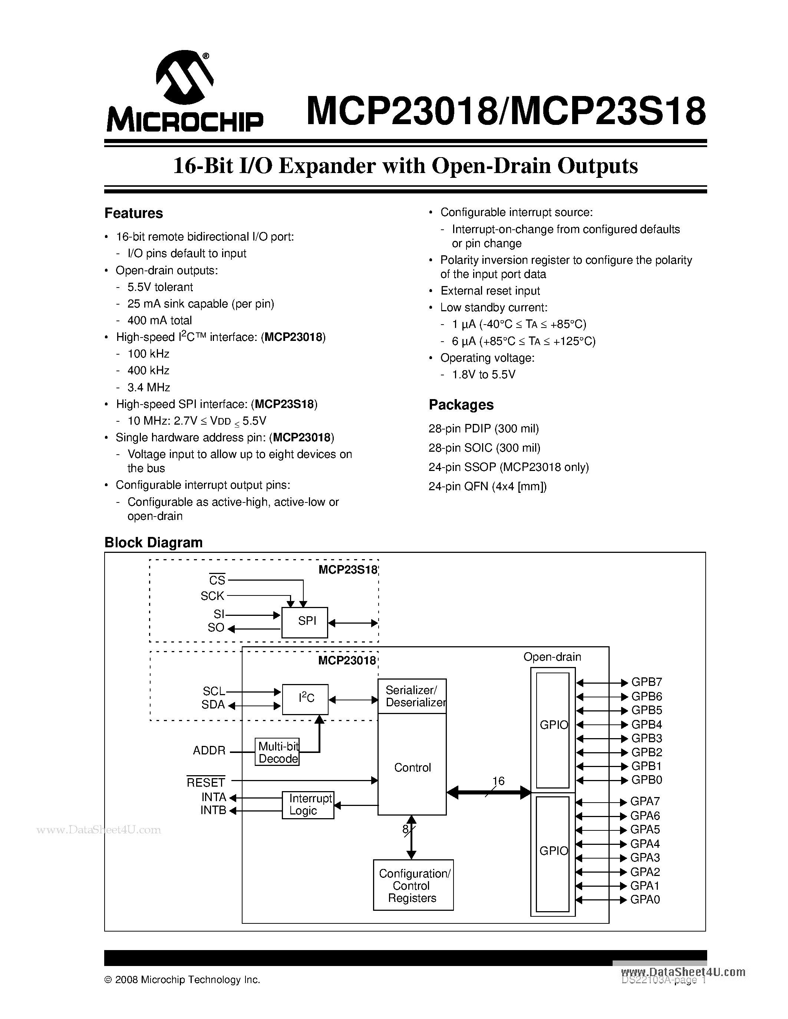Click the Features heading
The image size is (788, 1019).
(x=133, y=213)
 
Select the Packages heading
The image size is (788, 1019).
(x=461, y=405)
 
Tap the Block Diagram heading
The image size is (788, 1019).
(x=153, y=542)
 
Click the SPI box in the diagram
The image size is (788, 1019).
(x=305, y=622)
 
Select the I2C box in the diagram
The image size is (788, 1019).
(x=305, y=699)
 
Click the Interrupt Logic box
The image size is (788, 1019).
(x=308, y=805)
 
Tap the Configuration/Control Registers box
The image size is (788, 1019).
(x=413, y=885)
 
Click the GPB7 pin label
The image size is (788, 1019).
(x=647, y=682)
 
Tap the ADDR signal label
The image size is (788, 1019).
(x=209, y=751)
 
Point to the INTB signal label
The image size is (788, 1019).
(x=213, y=810)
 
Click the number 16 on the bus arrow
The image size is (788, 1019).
(x=498, y=781)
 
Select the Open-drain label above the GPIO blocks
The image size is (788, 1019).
(x=552, y=657)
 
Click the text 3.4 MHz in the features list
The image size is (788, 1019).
(x=148, y=387)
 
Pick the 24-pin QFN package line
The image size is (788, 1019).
(x=487, y=486)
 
